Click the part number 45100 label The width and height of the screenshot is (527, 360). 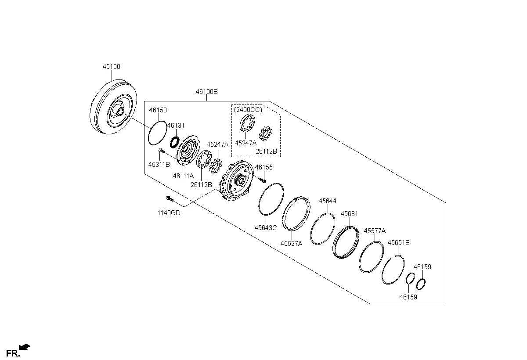(x=111, y=67)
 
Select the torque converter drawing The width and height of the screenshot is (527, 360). (x=113, y=107)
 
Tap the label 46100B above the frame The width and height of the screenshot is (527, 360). (x=206, y=92)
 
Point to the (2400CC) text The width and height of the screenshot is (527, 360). (x=248, y=110)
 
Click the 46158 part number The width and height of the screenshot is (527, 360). (x=158, y=110)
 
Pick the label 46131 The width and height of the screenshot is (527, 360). (x=176, y=126)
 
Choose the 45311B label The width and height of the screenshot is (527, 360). (x=159, y=165)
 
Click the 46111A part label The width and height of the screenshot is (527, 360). (x=183, y=176)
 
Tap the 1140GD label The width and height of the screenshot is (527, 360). (x=169, y=213)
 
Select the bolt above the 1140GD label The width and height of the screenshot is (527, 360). (x=170, y=199)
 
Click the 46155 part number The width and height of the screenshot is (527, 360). (x=264, y=167)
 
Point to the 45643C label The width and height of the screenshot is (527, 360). (x=266, y=227)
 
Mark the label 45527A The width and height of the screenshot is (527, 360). (x=291, y=244)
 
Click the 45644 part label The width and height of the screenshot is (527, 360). (x=327, y=201)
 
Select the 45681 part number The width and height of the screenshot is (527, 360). (x=350, y=214)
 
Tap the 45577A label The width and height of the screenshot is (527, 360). (x=375, y=231)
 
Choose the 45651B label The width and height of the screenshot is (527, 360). (x=399, y=243)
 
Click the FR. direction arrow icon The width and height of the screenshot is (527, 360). (x=25, y=347)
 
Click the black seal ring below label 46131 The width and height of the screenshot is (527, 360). (x=175, y=142)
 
